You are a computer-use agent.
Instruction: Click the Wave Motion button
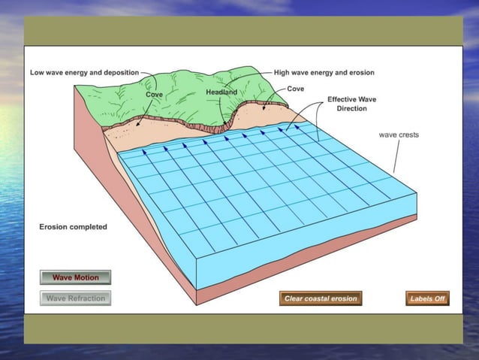[75, 277]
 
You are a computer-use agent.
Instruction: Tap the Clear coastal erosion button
[321, 298]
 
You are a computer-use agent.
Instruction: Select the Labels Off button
[427, 298]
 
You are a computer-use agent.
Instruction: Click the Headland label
[221, 92]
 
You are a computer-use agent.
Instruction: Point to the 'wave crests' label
[399, 135]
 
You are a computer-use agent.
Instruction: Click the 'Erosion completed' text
[73, 226]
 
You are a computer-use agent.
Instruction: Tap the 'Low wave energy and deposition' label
[84, 73]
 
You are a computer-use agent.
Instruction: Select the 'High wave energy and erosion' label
[324, 73]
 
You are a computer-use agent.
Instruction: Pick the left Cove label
[153, 95]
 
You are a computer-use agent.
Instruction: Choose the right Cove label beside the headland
[297, 89]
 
